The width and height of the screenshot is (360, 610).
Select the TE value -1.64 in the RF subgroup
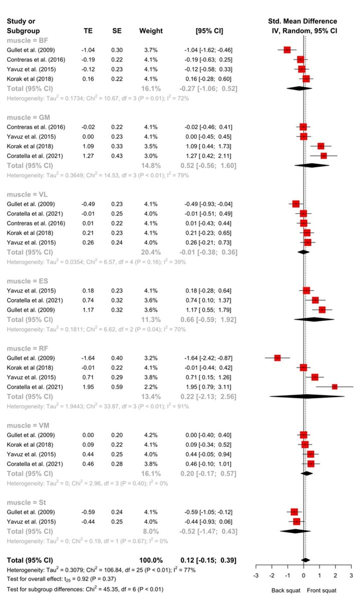coord(89,358)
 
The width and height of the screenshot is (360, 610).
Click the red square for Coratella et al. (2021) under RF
coord(334,387)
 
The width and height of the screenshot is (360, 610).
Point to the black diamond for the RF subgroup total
coord(307,396)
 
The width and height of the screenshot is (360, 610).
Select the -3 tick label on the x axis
coord(255,574)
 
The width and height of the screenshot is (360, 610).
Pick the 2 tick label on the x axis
coord(335,574)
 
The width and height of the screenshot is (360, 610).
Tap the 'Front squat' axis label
coord(322,590)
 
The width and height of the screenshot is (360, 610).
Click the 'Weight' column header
coord(151,31)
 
